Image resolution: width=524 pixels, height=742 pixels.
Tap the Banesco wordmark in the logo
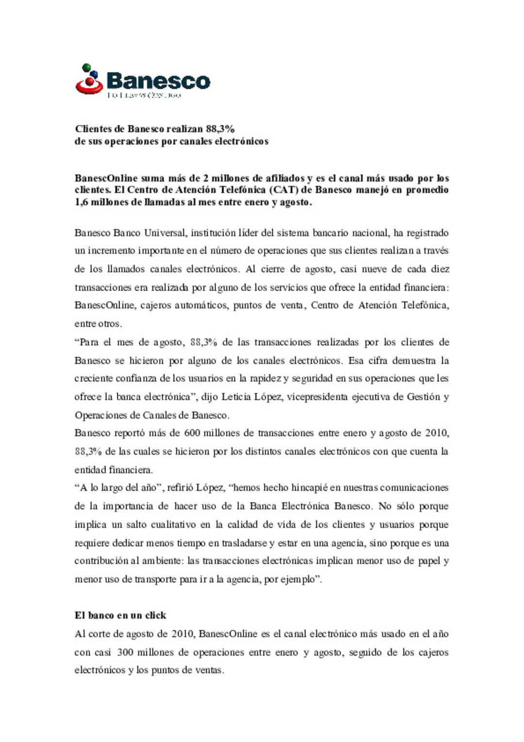pyautogui.click(x=158, y=81)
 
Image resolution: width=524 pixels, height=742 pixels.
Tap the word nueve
pyautogui.click(x=376, y=269)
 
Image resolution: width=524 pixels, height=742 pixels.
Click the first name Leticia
pyautogui.click(x=236, y=397)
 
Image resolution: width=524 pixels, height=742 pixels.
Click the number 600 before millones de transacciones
pyautogui.click(x=192, y=433)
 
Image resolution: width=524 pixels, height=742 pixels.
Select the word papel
pyautogui.click(x=429, y=561)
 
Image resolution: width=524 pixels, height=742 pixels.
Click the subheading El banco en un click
pyautogui.click(x=120, y=616)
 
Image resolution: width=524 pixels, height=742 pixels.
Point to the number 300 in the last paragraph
pyautogui.click(x=125, y=652)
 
